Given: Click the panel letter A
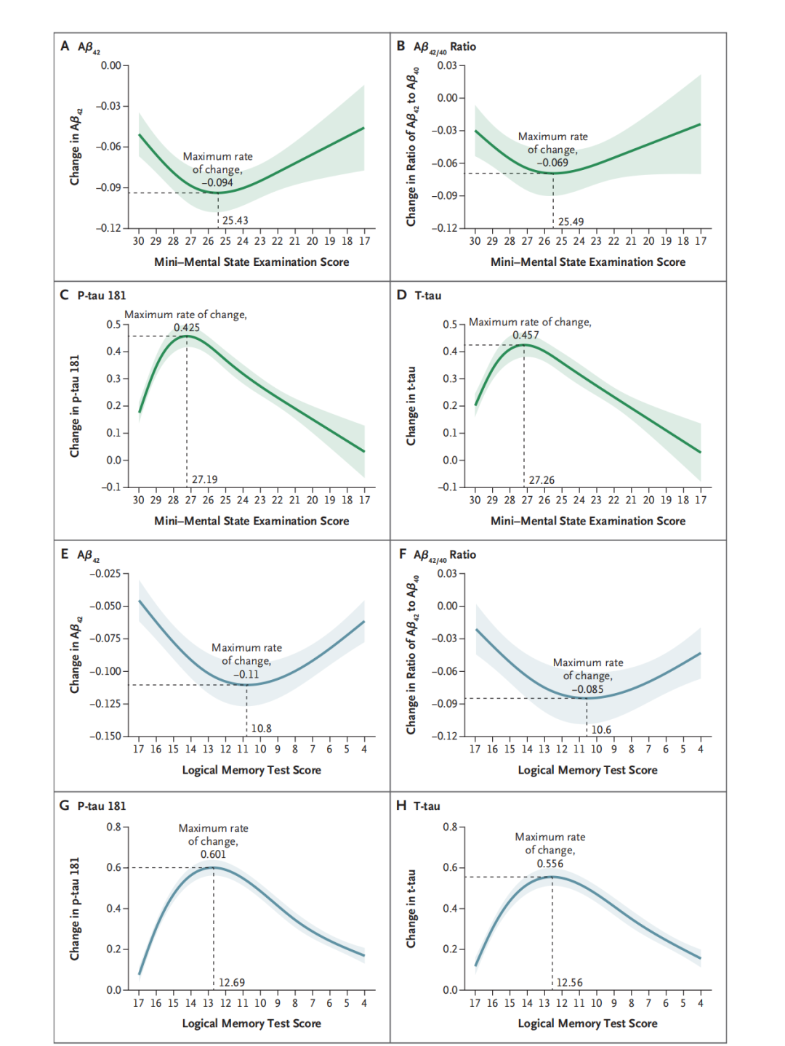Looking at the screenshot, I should [x=65, y=46].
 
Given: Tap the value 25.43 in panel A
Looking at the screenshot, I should [x=235, y=221].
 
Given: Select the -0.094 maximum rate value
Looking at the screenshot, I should [x=218, y=183].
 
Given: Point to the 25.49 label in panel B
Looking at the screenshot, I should [x=571, y=222].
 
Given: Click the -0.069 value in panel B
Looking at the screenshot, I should [x=553, y=163].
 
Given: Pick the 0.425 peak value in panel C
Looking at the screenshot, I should [x=187, y=328].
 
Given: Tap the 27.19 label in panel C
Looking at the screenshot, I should [x=205, y=480].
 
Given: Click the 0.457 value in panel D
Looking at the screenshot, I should [x=526, y=336].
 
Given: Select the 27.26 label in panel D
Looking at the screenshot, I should [x=542, y=481].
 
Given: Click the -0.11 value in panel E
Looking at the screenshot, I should [x=246, y=675].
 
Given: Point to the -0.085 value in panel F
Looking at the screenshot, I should [x=588, y=689].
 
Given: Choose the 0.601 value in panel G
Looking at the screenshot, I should [x=214, y=855].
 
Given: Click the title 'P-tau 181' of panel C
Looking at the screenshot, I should [x=102, y=296].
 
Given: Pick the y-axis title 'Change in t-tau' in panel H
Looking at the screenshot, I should [x=411, y=909].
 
